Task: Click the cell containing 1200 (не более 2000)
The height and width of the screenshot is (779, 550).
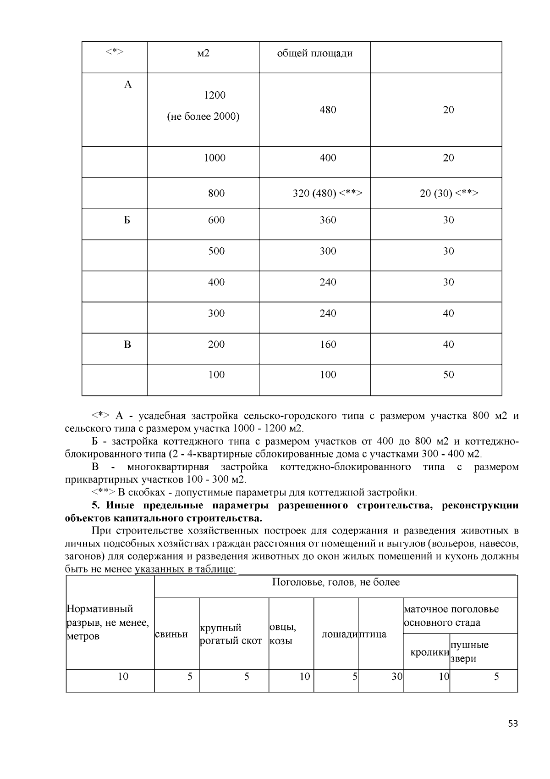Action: [203, 106]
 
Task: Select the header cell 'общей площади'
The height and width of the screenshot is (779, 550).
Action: [314, 53]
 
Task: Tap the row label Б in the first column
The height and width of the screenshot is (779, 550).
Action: [127, 220]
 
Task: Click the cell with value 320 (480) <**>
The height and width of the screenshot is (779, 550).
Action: [328, 193]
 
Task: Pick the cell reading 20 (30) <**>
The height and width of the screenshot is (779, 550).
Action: [449, 193]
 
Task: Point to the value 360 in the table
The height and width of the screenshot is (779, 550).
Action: [328, 220]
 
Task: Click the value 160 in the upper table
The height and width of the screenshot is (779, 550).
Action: [328, 345]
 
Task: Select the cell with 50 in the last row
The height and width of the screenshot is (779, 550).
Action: [448, 375]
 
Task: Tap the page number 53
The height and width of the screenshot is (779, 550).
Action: [513, 724]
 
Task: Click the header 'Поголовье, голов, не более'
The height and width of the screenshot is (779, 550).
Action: [335, 583]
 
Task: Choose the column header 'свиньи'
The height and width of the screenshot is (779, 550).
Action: [171, 634]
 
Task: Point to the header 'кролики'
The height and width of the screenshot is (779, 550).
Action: [429, 652]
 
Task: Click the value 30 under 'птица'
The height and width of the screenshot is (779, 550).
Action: [396, 677]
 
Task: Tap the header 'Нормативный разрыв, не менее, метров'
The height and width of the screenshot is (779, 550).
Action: [107, 623]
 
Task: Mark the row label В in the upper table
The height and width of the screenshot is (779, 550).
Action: [127, 345]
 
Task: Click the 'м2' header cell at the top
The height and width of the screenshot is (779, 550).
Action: [203, 53]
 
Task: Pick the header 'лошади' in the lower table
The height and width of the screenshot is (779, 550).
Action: [339, 634]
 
